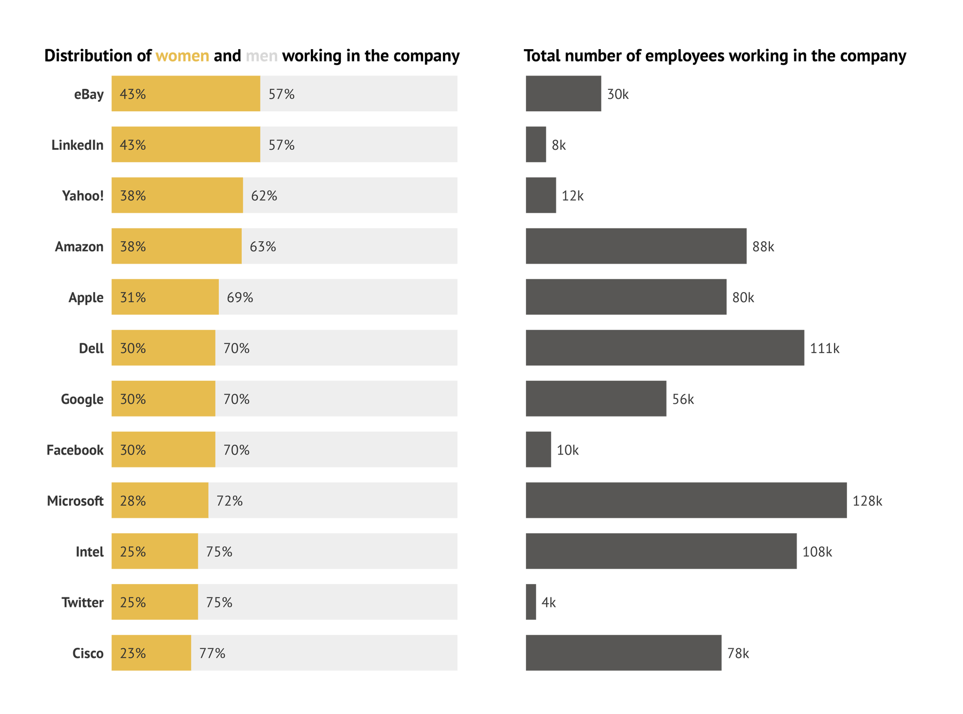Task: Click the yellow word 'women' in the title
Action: coord(182,56)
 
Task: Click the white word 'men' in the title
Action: coord(262,56)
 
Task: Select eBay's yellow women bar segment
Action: coord(186,94)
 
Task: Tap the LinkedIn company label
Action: coord(77,145)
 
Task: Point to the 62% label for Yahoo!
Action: coord(264,196)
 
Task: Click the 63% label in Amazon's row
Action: coord(263,247)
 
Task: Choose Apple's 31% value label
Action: coord(133,297)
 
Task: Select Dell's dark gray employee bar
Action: coord(664,348)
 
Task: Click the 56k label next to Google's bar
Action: coord(683,399)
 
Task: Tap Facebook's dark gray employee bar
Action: coord(538,449)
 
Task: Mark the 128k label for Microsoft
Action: coord(867,501)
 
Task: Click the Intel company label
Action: coord(89,551)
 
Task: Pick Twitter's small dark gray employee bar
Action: coord(531,602)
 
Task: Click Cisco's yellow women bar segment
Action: coord(151,653)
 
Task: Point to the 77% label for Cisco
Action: coord(212,653)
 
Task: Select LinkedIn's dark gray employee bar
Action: coord(536,144)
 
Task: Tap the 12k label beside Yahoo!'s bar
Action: coord(572,196)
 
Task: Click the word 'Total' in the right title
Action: coord(541,56)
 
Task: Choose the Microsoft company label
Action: coord(75,501)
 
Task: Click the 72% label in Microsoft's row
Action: coord(229,501)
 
